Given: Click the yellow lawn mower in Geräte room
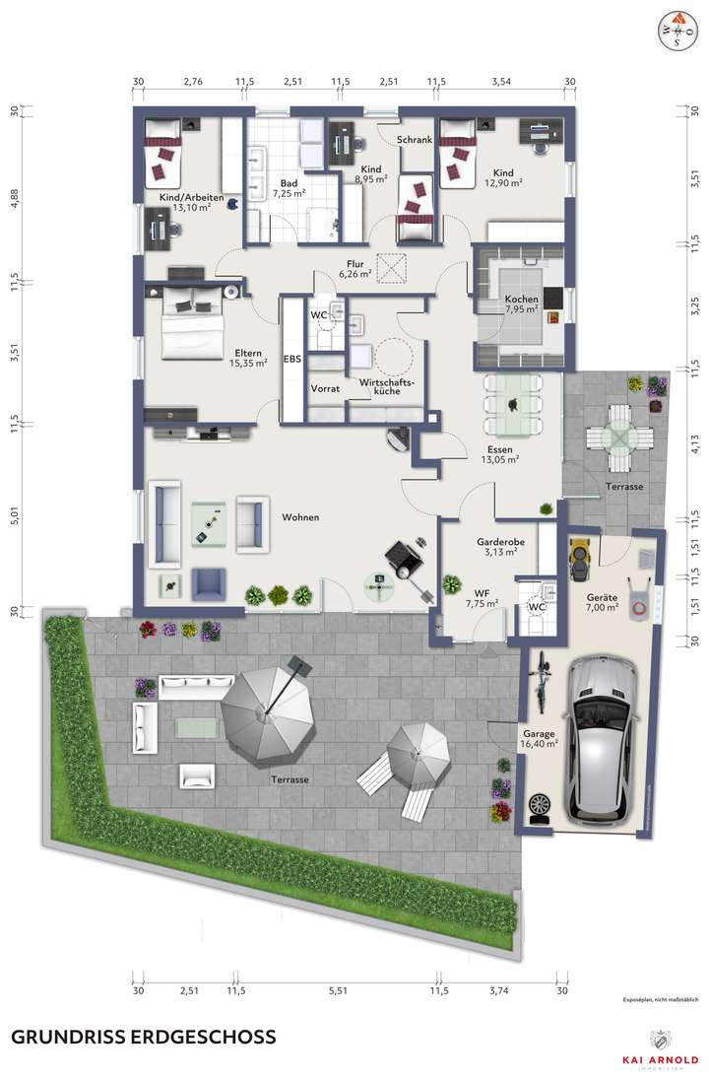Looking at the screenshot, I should pyautogui.click(x=578, y=561).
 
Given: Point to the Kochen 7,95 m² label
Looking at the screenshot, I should pyautogui.click(x=521, y=304).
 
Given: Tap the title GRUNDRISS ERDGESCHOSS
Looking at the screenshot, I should pyautogui.click(x=143, y=1037).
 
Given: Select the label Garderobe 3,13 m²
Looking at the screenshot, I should pyautogui.click(x=497, y=547).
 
